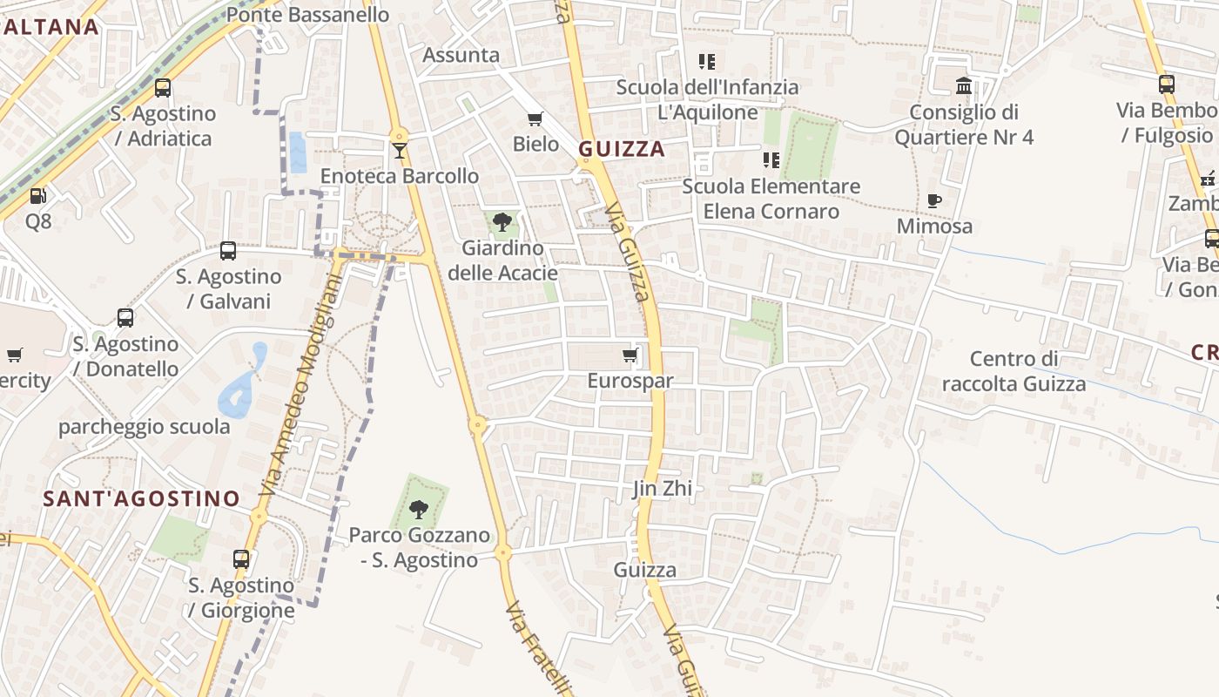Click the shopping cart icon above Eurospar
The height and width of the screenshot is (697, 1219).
click(x=630, y=355)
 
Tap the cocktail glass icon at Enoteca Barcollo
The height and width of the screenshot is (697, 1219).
click(x=400, y=151)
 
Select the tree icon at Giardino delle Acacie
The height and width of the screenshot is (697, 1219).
click(x=502, y=222)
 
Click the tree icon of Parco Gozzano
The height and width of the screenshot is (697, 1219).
click(x=419, y=509)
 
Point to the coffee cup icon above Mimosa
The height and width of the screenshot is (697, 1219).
click(x=935, y=200)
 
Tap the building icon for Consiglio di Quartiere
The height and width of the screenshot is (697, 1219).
click(x=964, y=85)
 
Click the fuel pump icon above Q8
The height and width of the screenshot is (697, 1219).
click(x=37, y=196)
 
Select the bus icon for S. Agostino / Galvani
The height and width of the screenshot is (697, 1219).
click(x=228, y=251)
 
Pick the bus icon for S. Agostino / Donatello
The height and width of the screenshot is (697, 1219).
click(x=125, y=318)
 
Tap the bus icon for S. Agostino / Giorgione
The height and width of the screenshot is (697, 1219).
click(x=241, y=559)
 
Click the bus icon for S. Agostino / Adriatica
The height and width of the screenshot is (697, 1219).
click(x=163, y=87)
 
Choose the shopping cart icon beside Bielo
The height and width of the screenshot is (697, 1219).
click(x=535, y=118)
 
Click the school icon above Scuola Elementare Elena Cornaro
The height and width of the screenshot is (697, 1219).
click(x=771, y=159)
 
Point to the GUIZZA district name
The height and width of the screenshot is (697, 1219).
click(x=622, y=149)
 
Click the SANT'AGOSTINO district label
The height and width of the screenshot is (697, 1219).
click(x=142, y=498)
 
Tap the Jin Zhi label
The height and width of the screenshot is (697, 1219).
click(x=663, y=488)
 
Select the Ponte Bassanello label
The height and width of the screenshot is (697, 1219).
click(x=307, y=15)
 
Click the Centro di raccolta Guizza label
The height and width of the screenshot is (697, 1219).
click(x=1014, y=371)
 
